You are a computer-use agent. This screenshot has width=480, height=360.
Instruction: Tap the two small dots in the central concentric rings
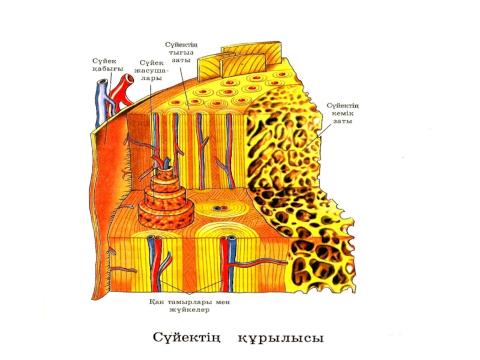pyautogui.click(x=220, y=209)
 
